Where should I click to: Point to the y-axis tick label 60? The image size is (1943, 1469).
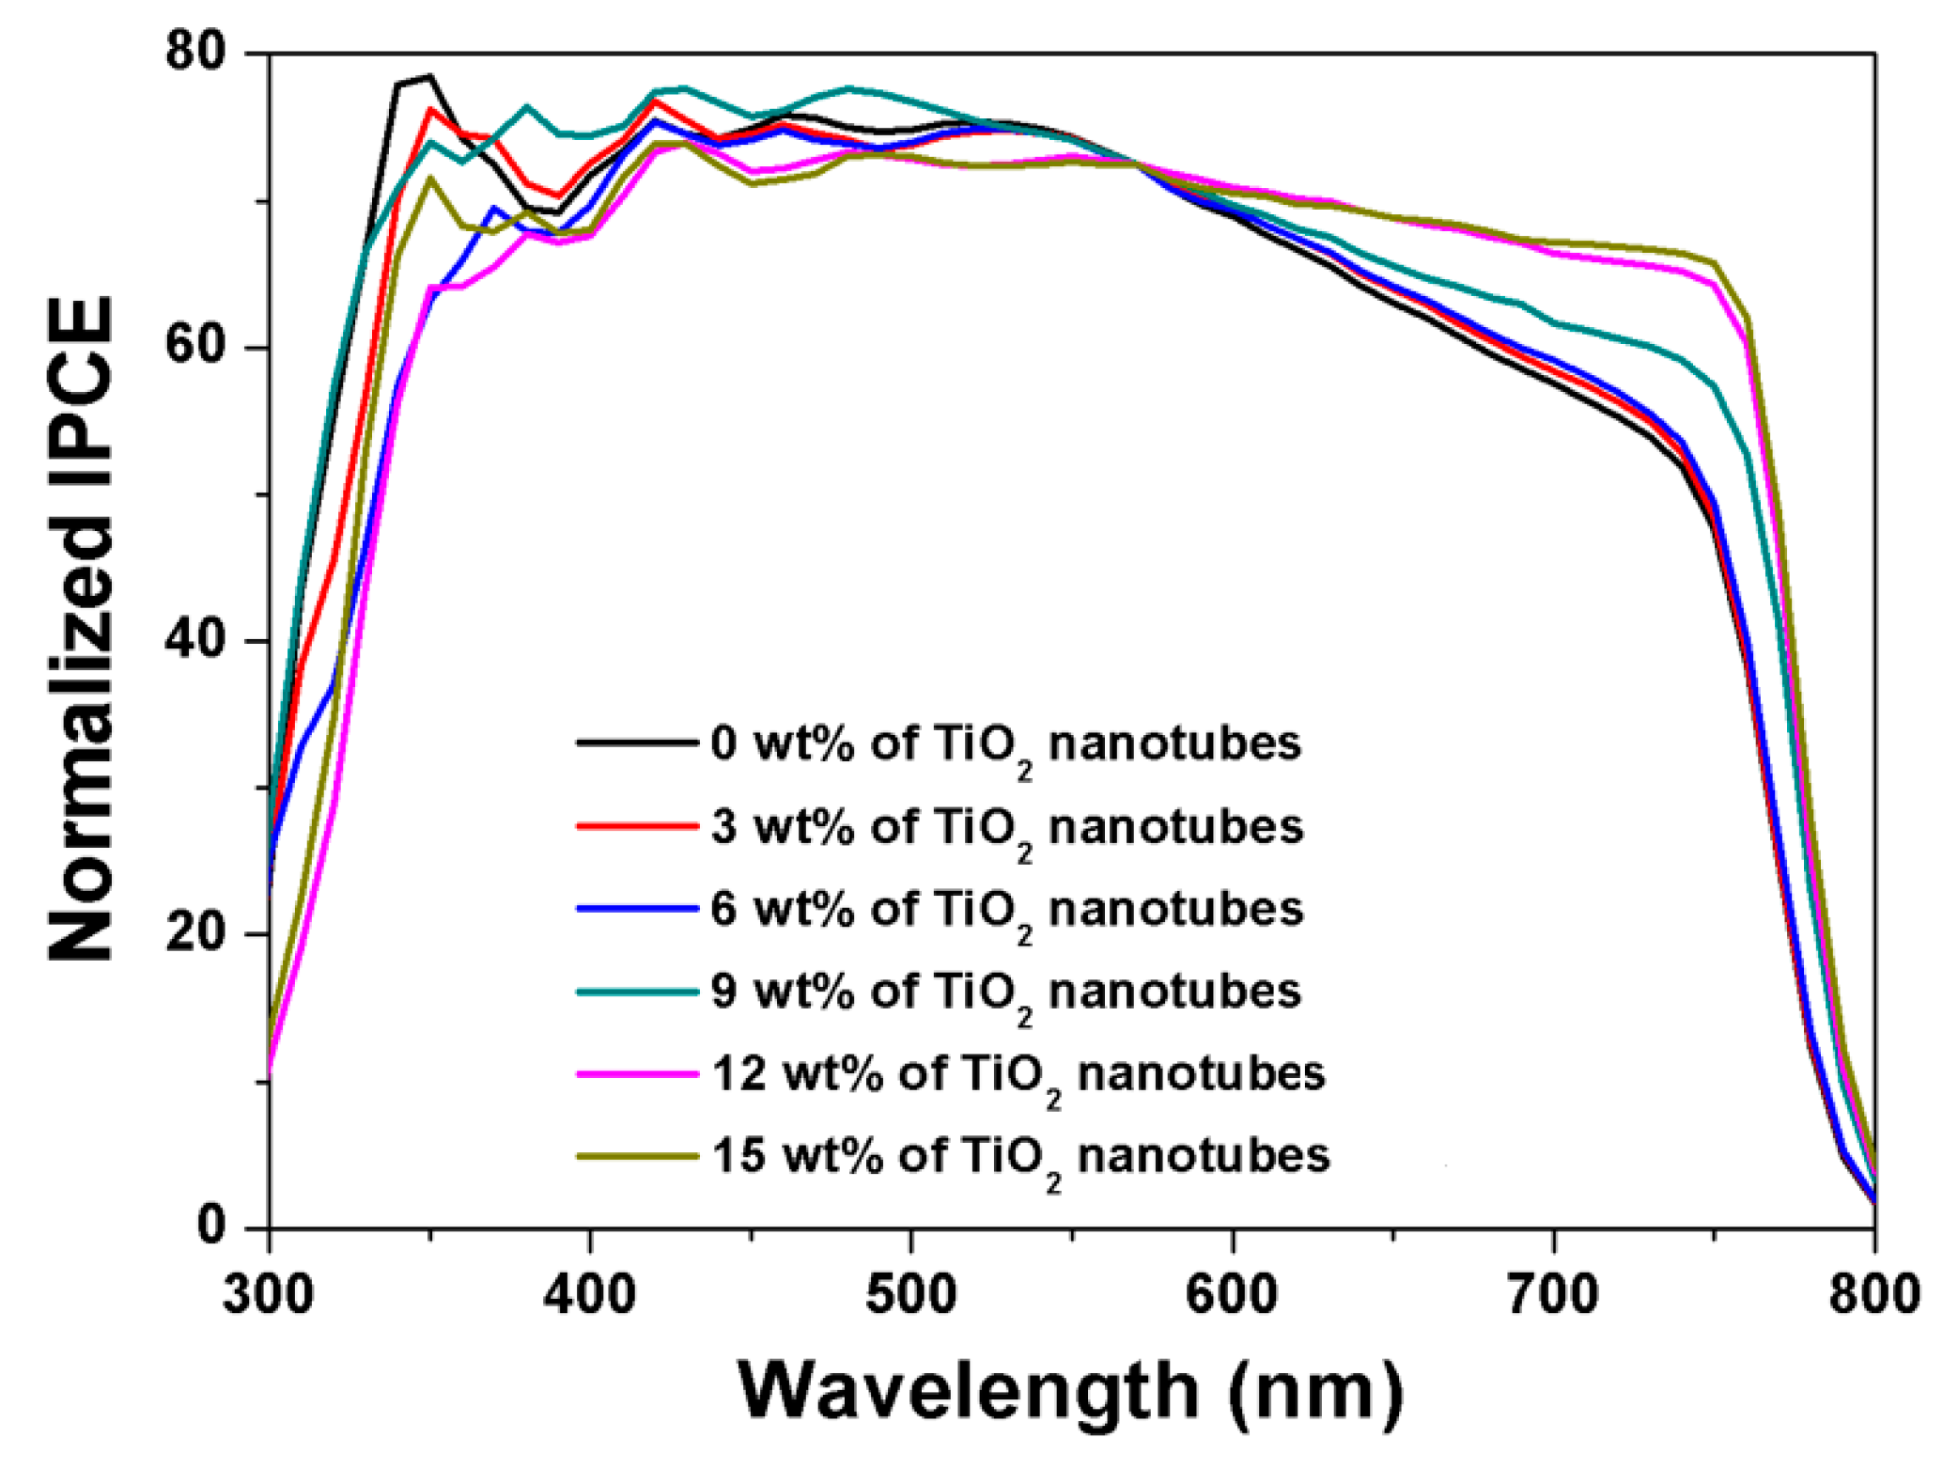click(x=196, y=345)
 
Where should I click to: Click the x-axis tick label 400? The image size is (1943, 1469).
click(x=589, y=1293)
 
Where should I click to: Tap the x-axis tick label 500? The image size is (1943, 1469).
click(x=910, y=1293)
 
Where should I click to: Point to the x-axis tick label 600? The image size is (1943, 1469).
click(x=1231, y=1293)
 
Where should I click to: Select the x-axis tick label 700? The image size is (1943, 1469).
click(x=1552, y=1293)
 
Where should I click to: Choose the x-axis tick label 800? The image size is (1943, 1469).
click(x=1873, y=1293)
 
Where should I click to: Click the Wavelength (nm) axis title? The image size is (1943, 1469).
click(x=1070, y=1391)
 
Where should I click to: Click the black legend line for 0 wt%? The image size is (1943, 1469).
click(x=636, y=742)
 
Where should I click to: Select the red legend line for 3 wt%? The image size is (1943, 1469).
click(x=636, y=825)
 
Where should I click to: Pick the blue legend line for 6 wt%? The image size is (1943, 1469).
click(x=636, y=908)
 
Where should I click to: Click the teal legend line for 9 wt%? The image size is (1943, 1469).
click(x=636, y=991)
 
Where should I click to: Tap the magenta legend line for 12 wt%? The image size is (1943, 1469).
click(x=636, y=1072)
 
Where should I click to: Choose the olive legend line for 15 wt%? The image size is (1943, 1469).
click(x=636, y=1155)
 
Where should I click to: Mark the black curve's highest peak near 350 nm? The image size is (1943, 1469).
click(x=429, y=76)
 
